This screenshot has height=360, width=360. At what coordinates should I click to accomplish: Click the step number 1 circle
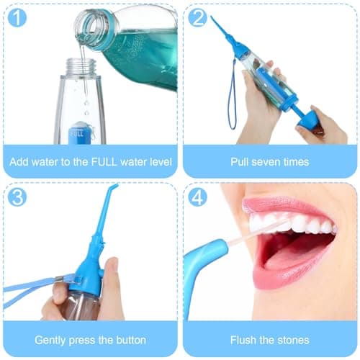(15, 17)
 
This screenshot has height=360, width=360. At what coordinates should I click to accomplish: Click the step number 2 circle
(197, 17)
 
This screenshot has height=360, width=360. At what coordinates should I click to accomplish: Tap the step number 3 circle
(15, 196)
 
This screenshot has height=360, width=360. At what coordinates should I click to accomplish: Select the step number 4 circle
(197, 197)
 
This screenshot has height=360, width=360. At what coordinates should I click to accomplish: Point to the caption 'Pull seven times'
(269, 162)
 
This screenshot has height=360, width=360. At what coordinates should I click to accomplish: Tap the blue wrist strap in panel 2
(231, 101)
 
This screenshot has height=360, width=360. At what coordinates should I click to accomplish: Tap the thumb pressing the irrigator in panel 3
(112, 270)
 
